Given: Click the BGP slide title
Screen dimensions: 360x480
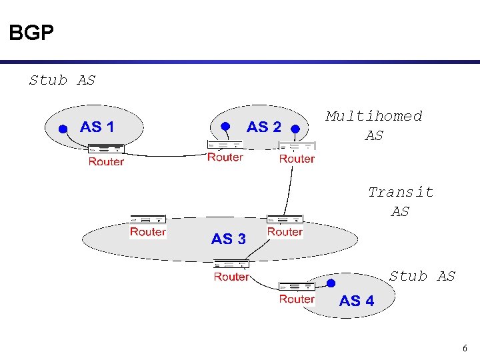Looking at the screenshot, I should pos(31,33).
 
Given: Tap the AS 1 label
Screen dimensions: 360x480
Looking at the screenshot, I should pos(97,127).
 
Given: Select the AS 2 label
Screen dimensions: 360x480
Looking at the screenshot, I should pos(264,127).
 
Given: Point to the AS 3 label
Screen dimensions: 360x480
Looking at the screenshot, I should pos(228,239).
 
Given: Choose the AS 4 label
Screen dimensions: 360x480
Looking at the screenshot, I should pos(357,301).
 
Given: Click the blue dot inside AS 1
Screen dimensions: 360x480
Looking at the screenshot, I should pos(62,130).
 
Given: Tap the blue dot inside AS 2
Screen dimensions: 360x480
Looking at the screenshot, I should pos(225,125).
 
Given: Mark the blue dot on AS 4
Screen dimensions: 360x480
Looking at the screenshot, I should pos(331,283).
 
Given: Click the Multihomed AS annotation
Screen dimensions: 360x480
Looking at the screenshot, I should pos(374,125).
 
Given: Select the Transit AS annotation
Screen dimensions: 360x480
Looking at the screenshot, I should pos(401,201).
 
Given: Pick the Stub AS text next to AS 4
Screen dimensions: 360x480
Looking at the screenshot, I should pos(422,276).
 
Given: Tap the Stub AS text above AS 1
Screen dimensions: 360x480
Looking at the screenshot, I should pos(63,81).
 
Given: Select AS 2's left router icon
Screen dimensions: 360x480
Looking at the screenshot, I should pos(225,145).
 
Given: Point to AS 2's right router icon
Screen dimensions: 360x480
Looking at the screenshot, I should pos(297,147).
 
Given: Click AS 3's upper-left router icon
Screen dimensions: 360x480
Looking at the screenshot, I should pos(147,219).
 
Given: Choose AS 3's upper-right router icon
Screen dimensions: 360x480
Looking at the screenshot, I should pos(285,219).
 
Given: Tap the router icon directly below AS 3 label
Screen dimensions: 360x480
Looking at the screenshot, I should pos(231,264).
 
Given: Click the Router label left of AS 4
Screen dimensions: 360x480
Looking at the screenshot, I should pos(297,299).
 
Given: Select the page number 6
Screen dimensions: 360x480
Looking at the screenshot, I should pos(465,348).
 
